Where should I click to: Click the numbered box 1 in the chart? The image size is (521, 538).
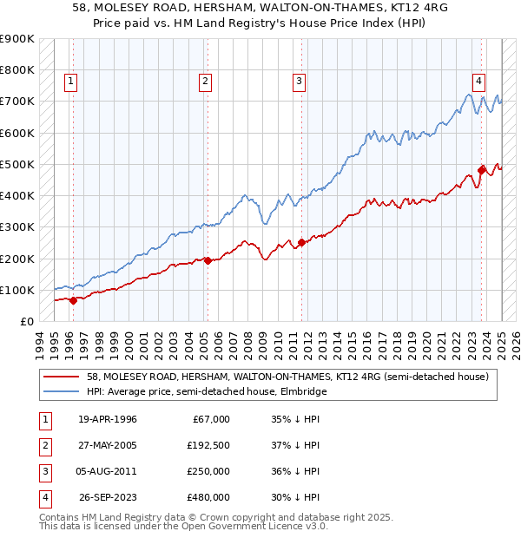[70, 82]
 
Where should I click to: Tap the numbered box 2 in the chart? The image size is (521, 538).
[205, 82]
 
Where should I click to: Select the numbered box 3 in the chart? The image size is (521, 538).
[299, 82]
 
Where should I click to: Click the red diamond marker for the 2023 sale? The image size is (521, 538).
[482, 170]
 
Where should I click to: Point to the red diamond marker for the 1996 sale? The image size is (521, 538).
[73, 300]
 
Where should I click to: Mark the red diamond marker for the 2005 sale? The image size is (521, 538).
[208, 260]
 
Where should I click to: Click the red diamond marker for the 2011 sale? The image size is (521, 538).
[301, 242]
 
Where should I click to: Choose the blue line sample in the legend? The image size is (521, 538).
[61, 391]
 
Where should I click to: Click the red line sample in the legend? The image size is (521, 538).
[61, 377]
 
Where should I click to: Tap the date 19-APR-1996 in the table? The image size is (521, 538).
[107, 419]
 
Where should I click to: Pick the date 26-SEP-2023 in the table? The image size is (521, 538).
[108, 497]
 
